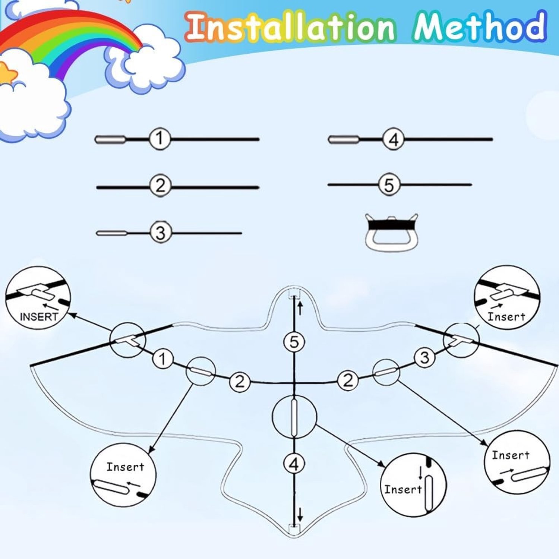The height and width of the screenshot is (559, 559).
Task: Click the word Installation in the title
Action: (290, 26)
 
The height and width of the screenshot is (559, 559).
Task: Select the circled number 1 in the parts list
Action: (160, 139)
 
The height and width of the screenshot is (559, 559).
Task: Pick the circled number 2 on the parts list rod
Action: (160, 185)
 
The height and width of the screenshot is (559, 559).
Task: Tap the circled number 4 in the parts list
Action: (394, 139)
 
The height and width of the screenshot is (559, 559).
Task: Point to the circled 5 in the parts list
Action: (389, 184)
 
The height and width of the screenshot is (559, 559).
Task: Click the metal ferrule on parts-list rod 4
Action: (344, 140)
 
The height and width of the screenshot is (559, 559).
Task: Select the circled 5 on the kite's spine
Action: (294, 342)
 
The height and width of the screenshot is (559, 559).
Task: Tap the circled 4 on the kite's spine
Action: (294, 464)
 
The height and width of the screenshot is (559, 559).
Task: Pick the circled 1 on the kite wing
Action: (162, 359)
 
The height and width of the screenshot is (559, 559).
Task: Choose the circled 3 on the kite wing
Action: (424, 358)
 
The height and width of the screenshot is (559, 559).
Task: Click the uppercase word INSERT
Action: (39, 317)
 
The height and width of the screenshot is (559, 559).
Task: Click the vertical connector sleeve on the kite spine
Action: (294, 417)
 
